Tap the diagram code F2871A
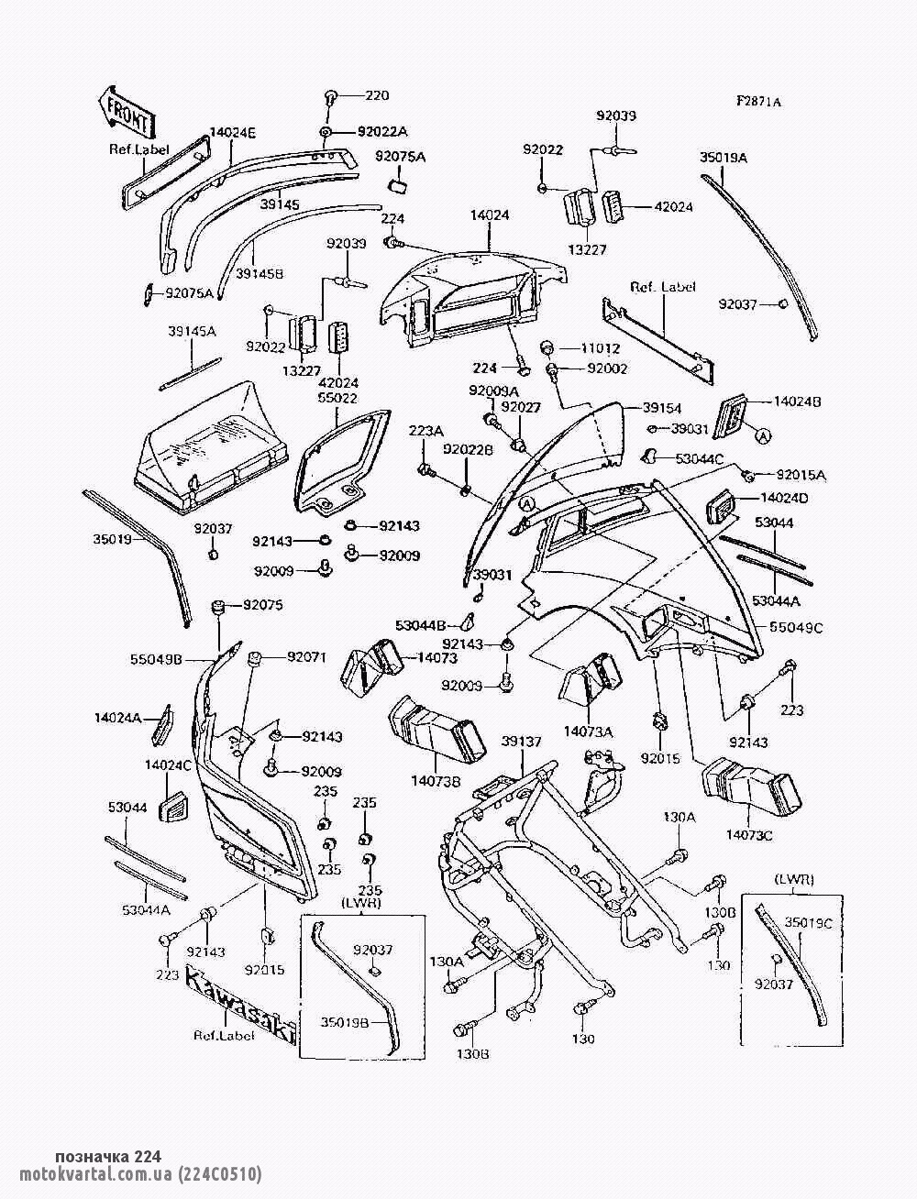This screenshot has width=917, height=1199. [757, 103]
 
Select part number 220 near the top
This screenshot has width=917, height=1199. [378, 95]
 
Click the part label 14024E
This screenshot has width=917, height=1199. [233, 132]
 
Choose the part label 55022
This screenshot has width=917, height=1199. [337, 399]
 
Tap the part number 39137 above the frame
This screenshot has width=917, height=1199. [521, 741]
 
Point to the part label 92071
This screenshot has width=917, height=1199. [307, 656]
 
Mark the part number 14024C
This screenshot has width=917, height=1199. [168, 764]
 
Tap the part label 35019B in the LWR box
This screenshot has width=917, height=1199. [345, 1020]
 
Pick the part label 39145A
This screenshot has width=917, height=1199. [192, 331]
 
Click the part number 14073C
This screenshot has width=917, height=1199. [748, 835]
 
